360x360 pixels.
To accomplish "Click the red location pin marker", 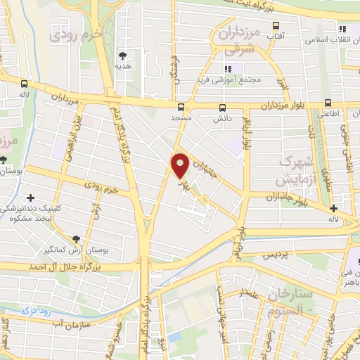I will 180,166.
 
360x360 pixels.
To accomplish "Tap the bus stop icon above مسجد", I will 181,108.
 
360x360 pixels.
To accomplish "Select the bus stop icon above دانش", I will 223,108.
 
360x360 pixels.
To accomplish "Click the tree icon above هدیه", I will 123,55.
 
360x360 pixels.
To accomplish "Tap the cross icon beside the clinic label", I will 30,198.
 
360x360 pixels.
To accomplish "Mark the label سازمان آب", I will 67,323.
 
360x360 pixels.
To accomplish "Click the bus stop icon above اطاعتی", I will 326,101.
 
